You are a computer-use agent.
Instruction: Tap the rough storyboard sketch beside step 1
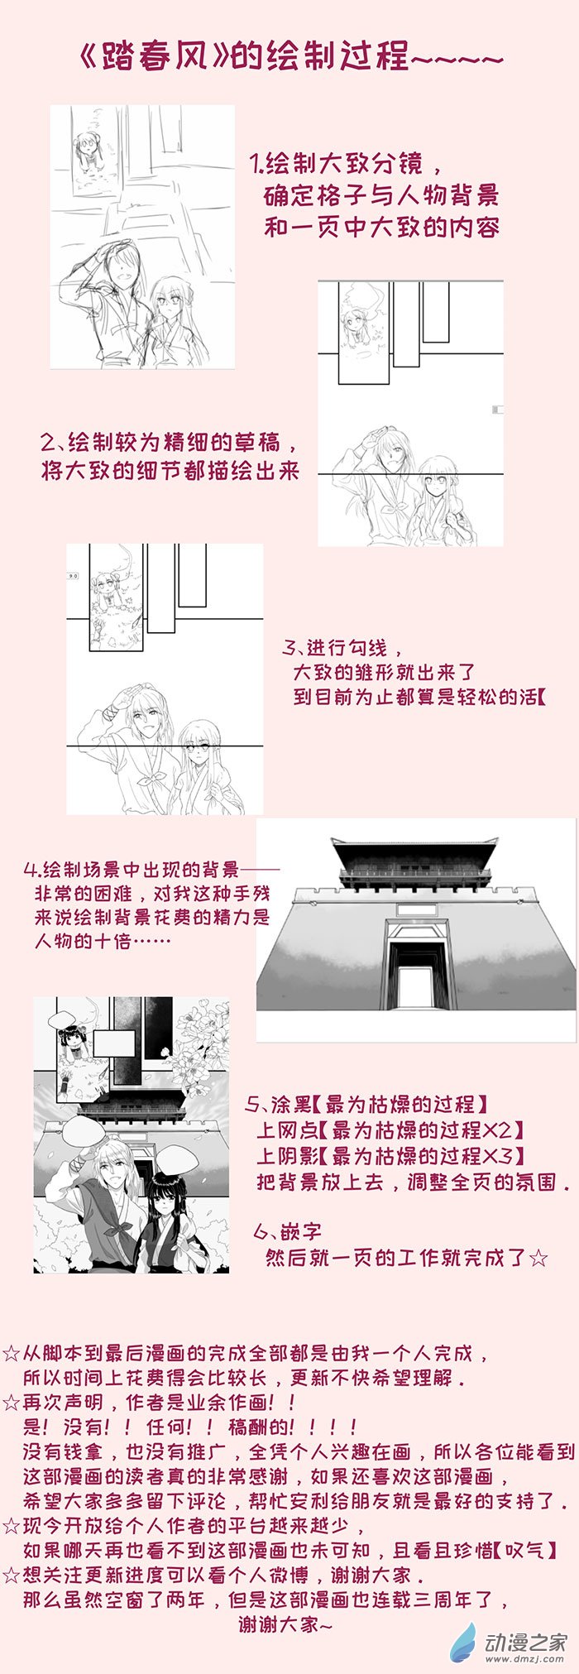tap(142, 237)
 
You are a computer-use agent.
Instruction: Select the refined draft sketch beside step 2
tap(411, 413)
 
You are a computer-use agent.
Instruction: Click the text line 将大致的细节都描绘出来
tap(170, 472)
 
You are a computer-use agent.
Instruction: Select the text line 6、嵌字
tap(288, 1232)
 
